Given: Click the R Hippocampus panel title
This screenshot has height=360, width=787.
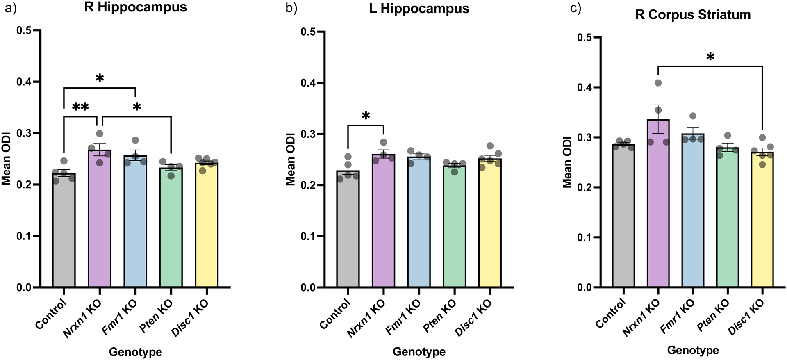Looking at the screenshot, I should pos(135,7).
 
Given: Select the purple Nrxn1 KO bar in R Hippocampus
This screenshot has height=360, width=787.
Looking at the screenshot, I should pos(100,221).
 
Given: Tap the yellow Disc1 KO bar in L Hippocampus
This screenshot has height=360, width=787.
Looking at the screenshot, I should pos(490,226).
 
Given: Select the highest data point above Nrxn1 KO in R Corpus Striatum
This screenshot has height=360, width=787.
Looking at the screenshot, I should pos(658,83).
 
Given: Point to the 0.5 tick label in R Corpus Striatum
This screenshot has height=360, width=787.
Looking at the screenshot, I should pos(585,38).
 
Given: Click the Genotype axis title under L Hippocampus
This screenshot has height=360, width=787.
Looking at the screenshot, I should pos(419,352).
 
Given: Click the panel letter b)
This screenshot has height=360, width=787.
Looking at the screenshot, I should pos(291,8).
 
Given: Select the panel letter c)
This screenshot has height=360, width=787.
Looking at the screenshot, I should pos(575,8).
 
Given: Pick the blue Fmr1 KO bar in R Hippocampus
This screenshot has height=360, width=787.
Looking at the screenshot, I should pos(135,223).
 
